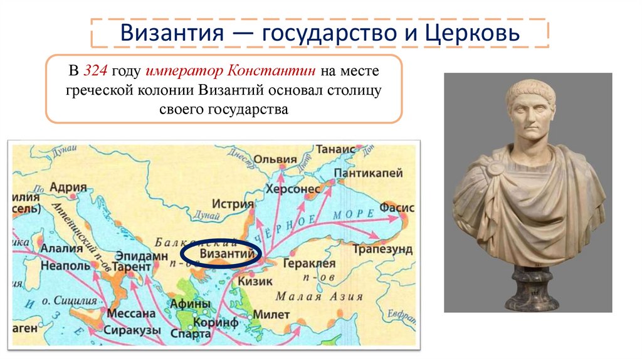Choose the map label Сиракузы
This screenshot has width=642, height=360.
click(130, 329)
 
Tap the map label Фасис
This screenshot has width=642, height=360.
click(391, 205)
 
